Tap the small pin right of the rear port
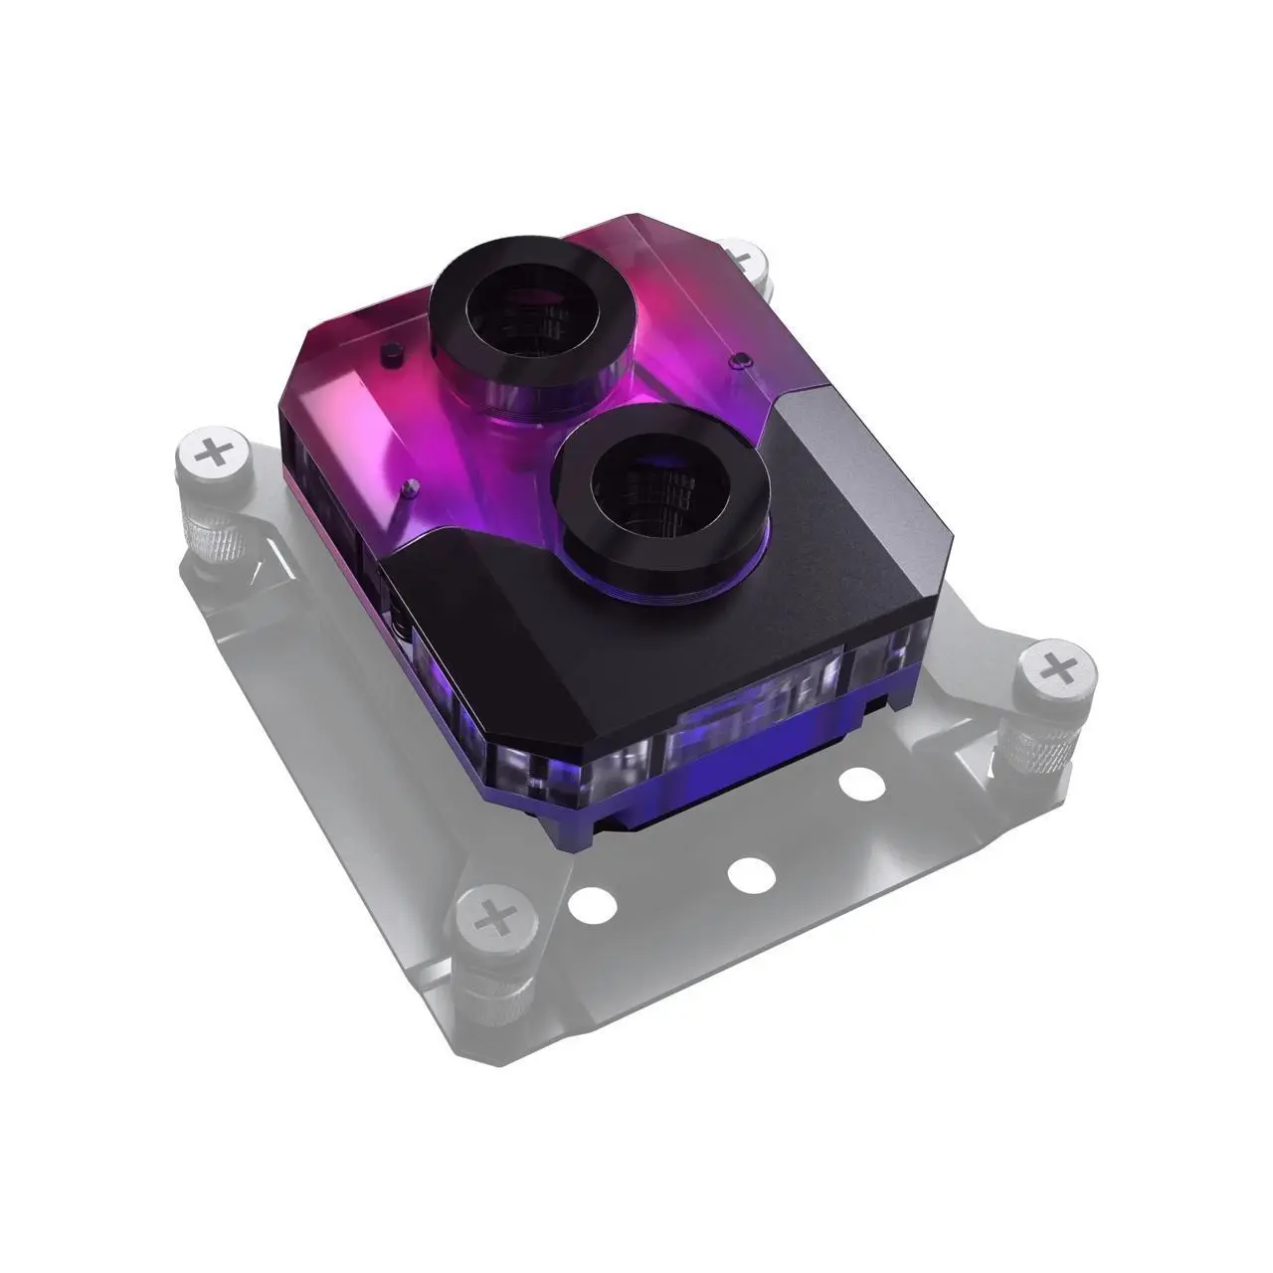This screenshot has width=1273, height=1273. (x=736, y=358)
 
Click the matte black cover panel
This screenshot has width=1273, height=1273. (x=557, y=636)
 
